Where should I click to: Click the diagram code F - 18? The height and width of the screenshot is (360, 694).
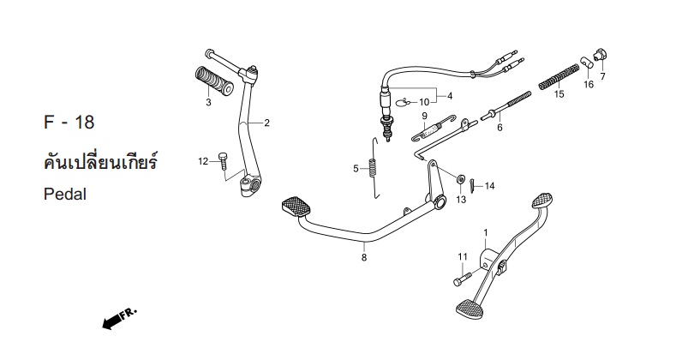click(x=69, y=123)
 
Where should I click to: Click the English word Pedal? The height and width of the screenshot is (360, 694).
click(x=65, y=195)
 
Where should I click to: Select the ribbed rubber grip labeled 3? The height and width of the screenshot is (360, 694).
click(x=214, y=81)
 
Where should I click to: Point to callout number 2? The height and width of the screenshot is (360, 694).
click(x=266, y=123)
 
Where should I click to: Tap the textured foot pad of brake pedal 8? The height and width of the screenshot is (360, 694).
click(x=296, y=206)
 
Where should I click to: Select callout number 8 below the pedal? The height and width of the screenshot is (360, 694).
click(x=364, y=257)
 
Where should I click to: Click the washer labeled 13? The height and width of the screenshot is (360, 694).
click(x=460, y=179)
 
